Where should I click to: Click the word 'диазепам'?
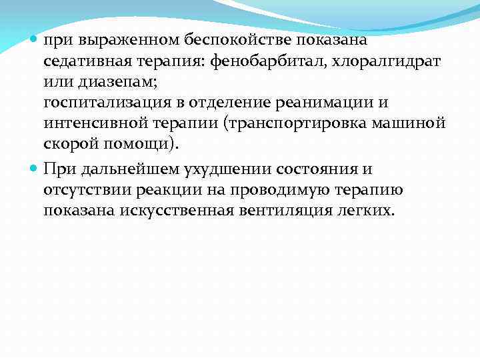tap(107, 83)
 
